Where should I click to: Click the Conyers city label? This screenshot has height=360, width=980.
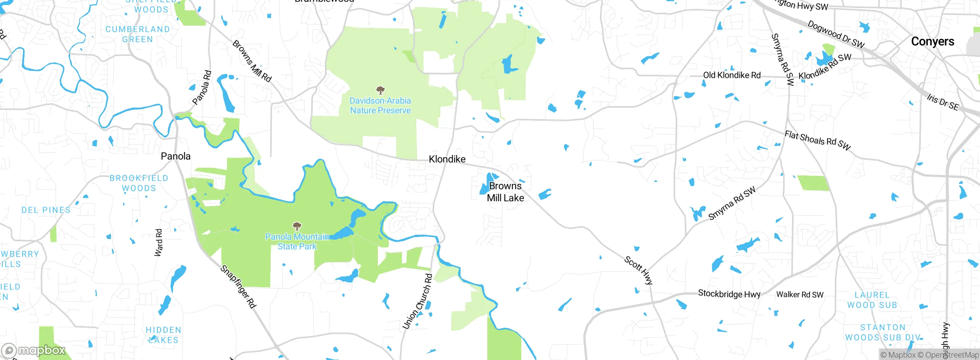click(x=932, y=41)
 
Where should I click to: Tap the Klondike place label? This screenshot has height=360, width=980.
click(x=447, y=159)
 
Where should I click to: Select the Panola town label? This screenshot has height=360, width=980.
click(x=175, y=156)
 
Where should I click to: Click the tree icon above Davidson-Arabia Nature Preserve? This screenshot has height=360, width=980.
click(x=380, y=90)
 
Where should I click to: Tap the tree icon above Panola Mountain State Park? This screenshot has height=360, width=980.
click(x=297, y=226)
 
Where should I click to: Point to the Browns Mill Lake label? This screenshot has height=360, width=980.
click(x=505, y=192)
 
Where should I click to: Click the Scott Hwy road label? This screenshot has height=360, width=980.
click(x=638, y=270)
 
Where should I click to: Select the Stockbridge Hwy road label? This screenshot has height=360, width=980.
click(x=729, y=294)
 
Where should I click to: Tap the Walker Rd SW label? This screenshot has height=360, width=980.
click(x=799, y=295)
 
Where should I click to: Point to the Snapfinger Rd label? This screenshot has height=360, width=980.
click(x=238, y=286)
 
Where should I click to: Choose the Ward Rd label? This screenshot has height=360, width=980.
click(x=158, y=242)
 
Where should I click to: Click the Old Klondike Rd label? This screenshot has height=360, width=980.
click(x=732, y=75)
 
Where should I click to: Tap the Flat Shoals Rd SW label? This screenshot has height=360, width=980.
click(x=817, y=140)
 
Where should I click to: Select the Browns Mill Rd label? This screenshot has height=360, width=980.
click(x=252, y=61)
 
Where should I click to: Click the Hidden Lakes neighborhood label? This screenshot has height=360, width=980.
click(x=163, y=335)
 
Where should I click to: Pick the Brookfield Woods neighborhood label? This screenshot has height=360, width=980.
click(x=139, y=183)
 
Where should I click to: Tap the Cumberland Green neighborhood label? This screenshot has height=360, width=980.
click(x=137, y=34)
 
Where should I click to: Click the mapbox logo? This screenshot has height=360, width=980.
click(x=34, y=350)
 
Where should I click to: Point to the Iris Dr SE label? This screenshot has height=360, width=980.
click(x=942, y=102)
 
